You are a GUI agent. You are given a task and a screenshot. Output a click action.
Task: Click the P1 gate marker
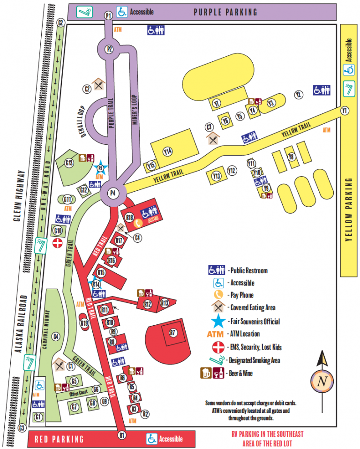[108, 16]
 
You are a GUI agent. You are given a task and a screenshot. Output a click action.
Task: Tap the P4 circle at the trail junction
[112, 193]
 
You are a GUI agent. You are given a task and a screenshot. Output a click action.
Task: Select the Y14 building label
[168, 151]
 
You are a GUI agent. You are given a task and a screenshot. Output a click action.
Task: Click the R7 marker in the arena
[172, 333]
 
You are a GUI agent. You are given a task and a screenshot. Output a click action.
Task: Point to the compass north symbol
[322, 381]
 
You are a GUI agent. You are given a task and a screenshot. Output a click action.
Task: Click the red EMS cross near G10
[58, 244]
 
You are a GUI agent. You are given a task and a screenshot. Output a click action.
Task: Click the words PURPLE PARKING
[225, 12]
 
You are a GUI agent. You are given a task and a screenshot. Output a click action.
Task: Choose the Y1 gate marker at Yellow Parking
[345, 111]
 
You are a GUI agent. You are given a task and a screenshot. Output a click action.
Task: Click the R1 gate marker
[122, 434]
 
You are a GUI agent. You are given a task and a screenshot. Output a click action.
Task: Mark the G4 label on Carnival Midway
[56, 336]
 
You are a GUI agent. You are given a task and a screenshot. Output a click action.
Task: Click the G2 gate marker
[60, 22]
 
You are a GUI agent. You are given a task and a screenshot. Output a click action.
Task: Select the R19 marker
[84, 322]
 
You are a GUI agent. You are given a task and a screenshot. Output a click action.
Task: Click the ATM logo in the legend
[216, 334]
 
